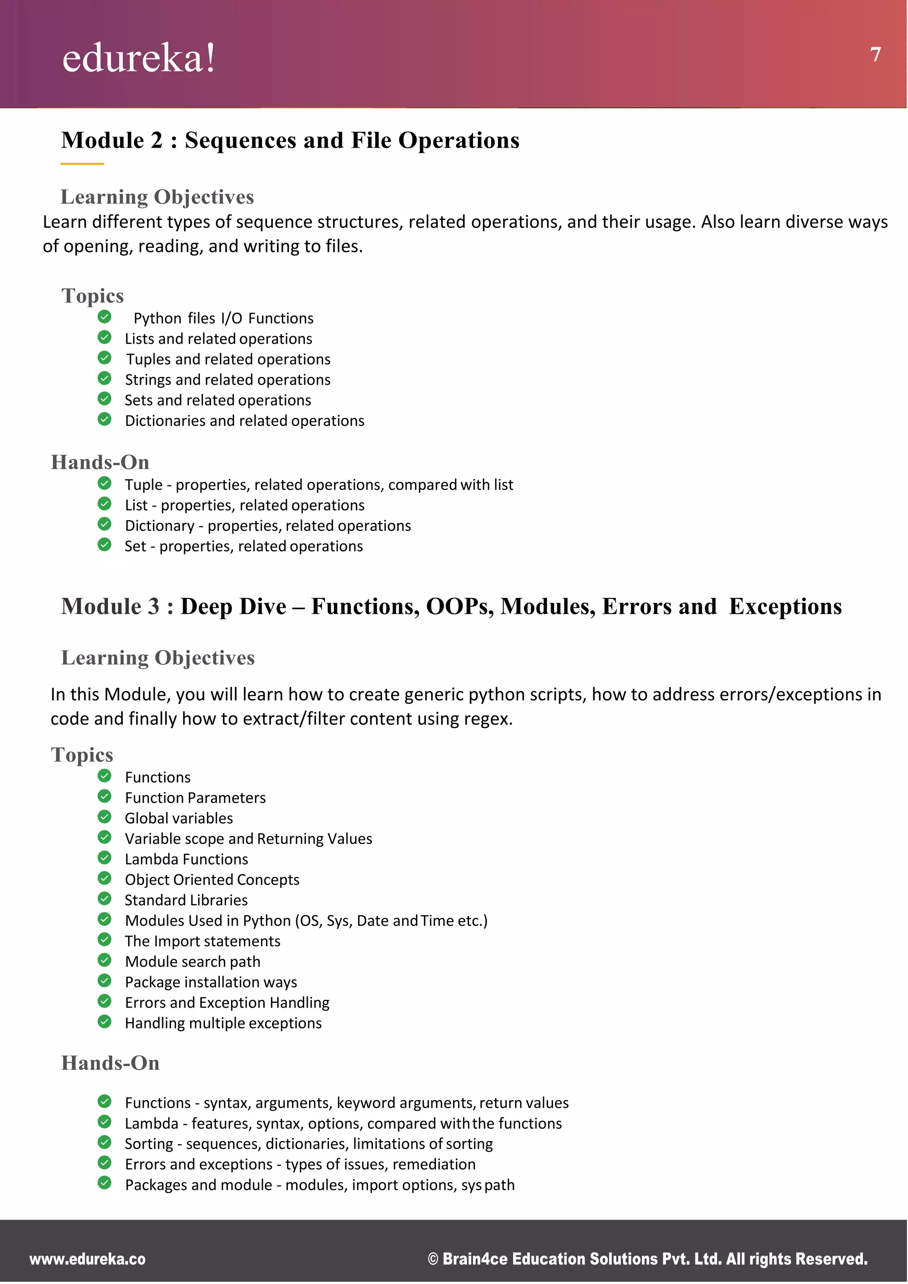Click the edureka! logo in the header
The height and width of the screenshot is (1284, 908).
click(139, 58)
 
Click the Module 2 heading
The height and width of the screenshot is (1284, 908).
click(290, 140)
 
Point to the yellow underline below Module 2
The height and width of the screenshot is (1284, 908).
click(82, 164)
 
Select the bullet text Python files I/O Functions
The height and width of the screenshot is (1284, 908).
click(223, 318)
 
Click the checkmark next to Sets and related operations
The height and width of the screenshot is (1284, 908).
click(105, 399)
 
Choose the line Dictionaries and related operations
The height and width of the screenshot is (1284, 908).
click(244, 420)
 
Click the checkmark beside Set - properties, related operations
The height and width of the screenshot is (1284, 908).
click(105, 545)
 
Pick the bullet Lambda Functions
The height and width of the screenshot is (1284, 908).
click(186, 859)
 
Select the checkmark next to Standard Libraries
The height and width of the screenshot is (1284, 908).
click(105, 899)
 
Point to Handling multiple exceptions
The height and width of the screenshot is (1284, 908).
click(223, 1023)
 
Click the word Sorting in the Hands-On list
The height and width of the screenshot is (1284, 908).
click(149, 1144)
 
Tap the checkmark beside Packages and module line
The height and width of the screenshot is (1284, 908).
click(105, 1183)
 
